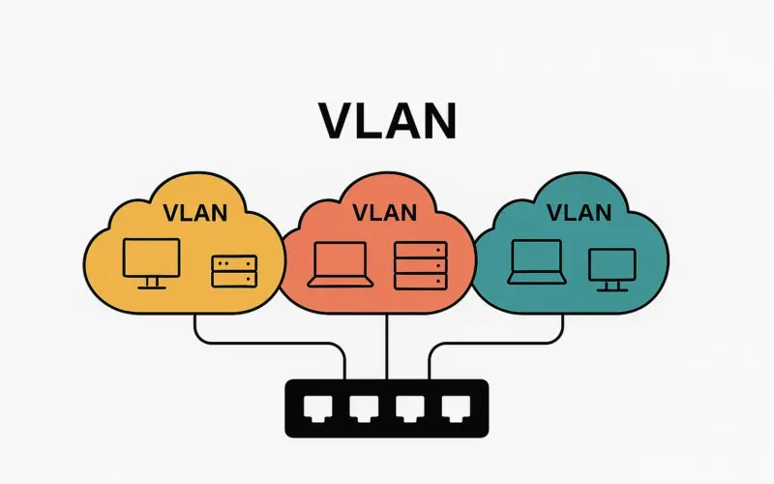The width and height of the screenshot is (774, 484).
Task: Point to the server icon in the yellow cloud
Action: coord(234,271)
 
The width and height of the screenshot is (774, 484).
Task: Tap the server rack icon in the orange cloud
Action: coord(421,264)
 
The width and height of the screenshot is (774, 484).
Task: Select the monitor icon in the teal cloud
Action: coord(612,267)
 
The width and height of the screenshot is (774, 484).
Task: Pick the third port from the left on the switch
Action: coord(407,408)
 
